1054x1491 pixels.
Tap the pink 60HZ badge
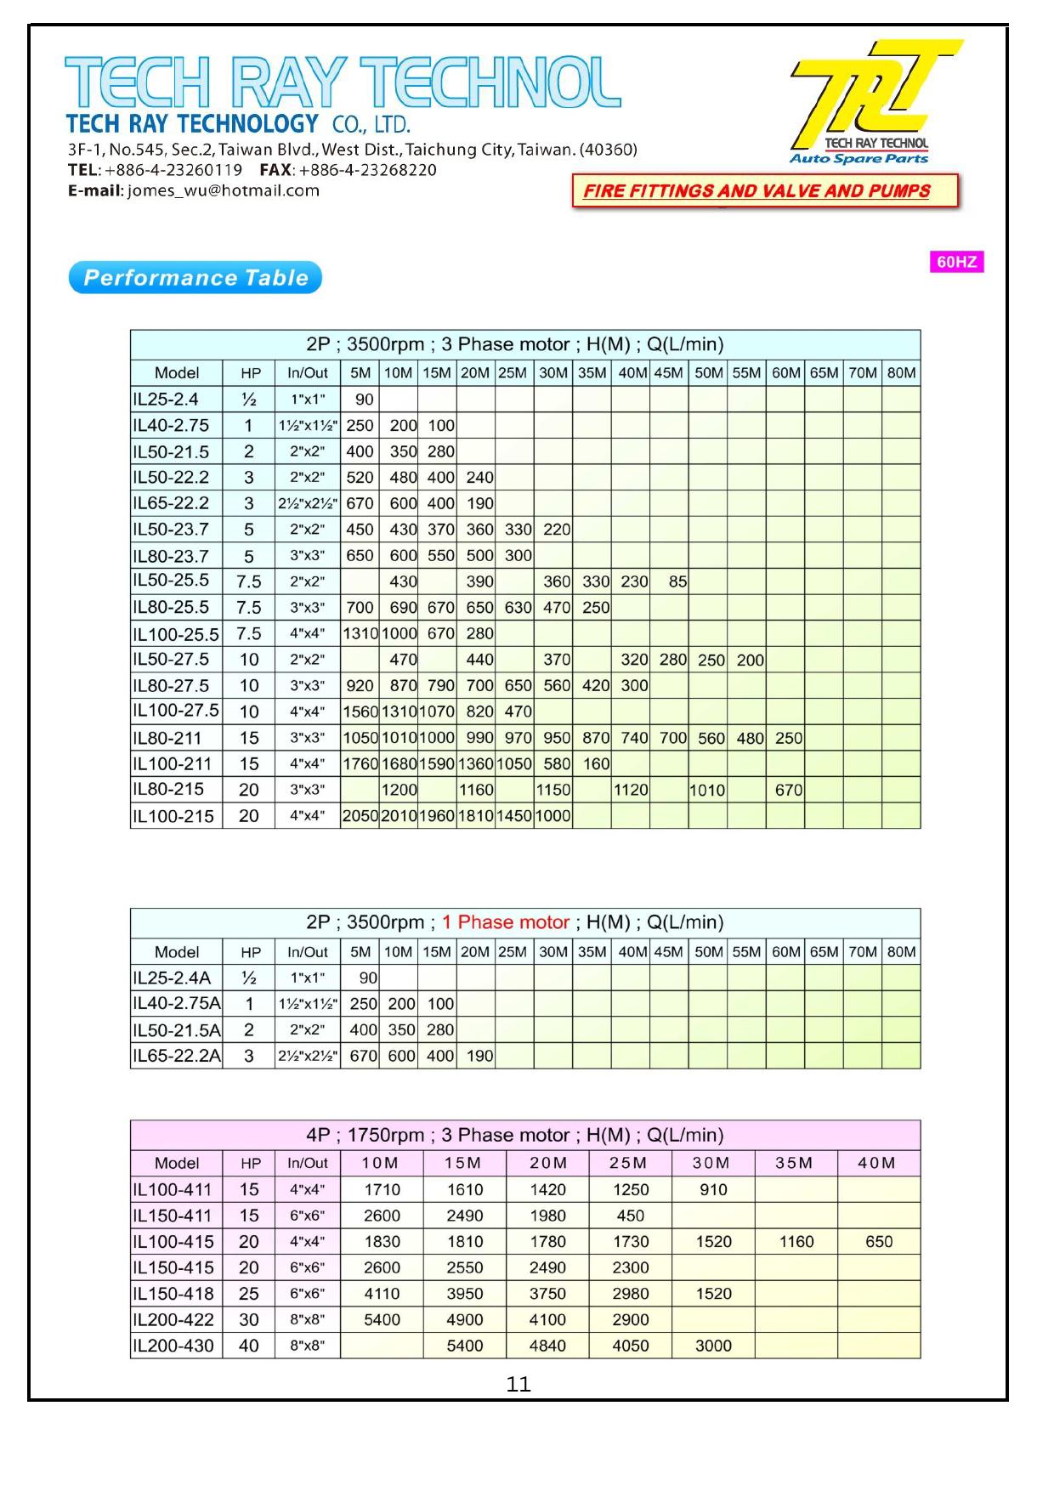pos(956,262)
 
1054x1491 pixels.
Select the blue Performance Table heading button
pos(195,278)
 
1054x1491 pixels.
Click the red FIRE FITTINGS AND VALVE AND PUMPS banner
pos(765,191)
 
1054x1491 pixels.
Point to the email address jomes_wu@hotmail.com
pos(224,191)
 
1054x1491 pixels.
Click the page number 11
pos(518,1385)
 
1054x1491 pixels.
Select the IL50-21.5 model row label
pos(171,451)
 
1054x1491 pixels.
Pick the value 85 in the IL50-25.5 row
pos(677,582)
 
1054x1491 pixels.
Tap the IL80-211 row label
pos(167,738)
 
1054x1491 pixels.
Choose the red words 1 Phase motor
pos(506,922)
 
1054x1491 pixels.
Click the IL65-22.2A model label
pos(177,1056)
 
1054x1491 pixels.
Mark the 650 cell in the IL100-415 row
pos(879,1242)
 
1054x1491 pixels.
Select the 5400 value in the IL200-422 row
pos(382,1320)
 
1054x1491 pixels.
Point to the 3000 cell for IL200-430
pos(713,1346)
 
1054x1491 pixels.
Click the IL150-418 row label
pos(173,1294)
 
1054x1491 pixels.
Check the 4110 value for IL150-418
pos(382,1294)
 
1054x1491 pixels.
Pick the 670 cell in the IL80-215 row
pos(788,791)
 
